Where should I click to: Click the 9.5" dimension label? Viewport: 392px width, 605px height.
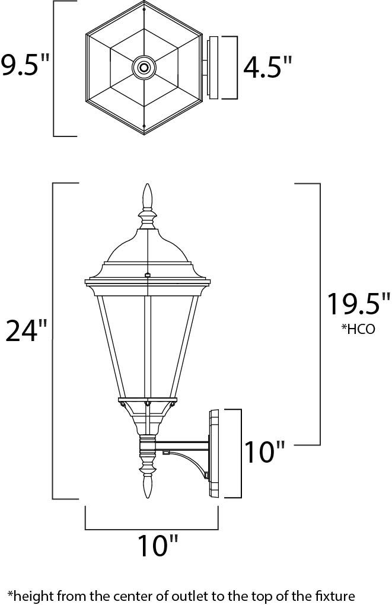[x=26, y=65]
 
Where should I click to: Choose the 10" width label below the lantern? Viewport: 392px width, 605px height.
[x=158, y=545]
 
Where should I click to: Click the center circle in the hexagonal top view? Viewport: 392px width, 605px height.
[x=144, y=68]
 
